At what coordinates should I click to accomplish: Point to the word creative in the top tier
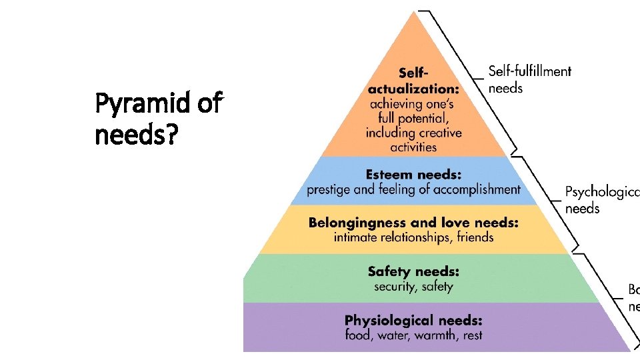(439, 133)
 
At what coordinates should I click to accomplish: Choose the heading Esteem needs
(413, 175)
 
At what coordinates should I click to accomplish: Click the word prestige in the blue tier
(328, 189)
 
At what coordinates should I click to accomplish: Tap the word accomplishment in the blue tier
(477, 189)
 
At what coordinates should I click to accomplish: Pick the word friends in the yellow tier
(475, 237)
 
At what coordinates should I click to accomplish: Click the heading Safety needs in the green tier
(413, 272)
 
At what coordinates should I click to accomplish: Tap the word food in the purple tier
(357, 335)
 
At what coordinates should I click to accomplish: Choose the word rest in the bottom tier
(473, 335)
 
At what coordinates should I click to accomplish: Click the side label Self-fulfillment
(529, 71)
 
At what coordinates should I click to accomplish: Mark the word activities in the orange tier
(413, 147)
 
